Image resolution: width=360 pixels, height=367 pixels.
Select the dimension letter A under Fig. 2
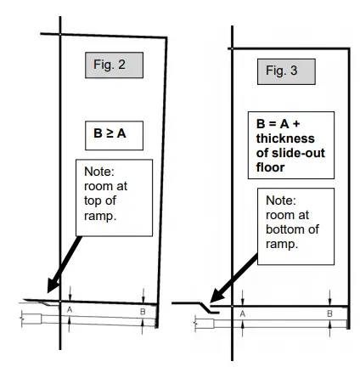click(70, 311)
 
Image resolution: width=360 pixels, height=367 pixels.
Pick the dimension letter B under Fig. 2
click(143, 313)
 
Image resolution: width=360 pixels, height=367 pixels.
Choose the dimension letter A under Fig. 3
click(243, 313)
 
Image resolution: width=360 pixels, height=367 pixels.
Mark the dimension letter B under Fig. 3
click(329, 313)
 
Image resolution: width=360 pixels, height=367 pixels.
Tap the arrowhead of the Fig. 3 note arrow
click(213, 298)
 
